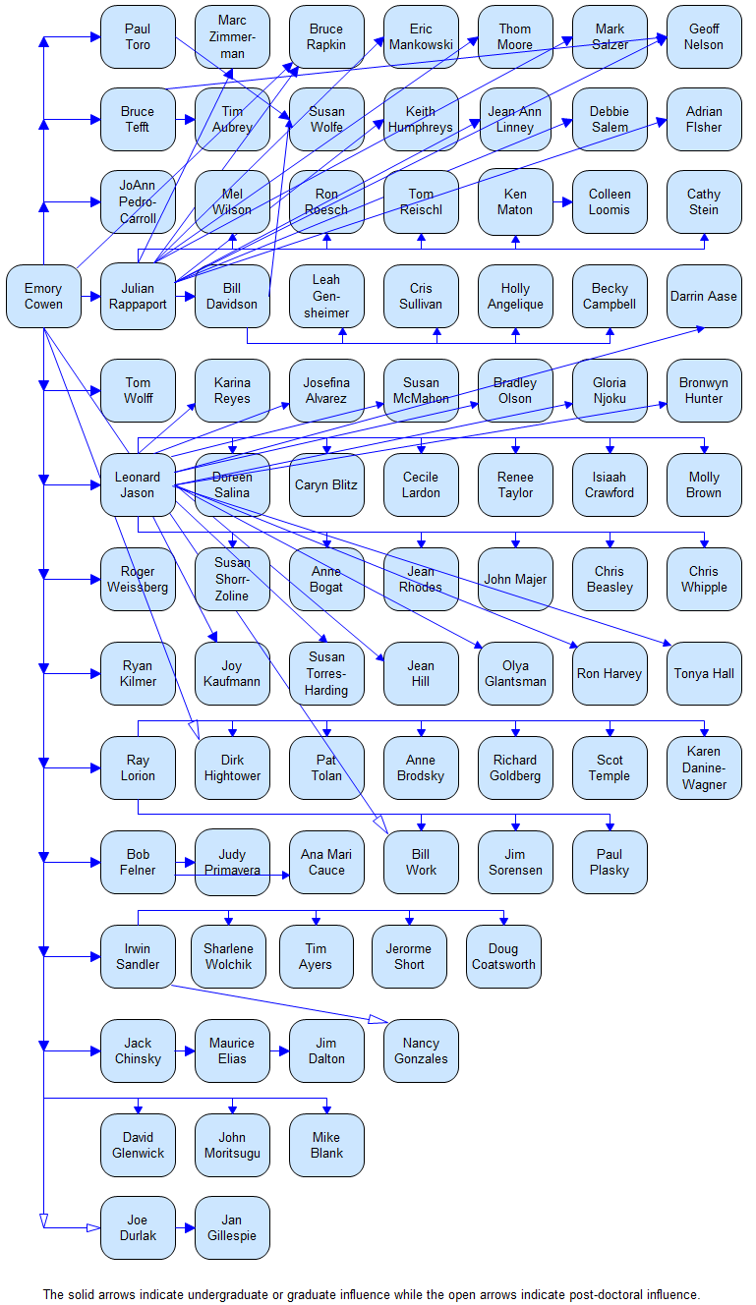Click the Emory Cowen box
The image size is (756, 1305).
point(43,296)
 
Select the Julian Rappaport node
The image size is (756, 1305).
point(139,296)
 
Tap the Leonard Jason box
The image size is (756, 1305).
point(139,484)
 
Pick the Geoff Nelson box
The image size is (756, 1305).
point(704,36)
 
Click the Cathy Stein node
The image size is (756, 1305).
point(704,201)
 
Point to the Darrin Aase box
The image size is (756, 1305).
point(704,296)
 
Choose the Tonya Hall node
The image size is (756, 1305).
point(704,673)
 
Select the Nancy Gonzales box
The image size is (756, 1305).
point(421,1051)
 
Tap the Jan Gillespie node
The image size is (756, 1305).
point(232,1227)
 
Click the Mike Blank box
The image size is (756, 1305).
point(326,1146)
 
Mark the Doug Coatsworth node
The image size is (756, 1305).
point(503,956)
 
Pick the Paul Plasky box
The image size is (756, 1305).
point(610,862)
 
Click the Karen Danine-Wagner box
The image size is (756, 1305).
point(704,767)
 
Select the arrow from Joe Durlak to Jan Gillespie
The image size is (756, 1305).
point(186,1227)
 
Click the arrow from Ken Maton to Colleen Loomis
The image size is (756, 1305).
point(562,202)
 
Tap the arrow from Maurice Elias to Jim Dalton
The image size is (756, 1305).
point(279,1051)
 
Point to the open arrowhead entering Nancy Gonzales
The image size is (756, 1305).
point(378,1020)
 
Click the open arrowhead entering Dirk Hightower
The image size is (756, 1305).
point(194,729)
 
